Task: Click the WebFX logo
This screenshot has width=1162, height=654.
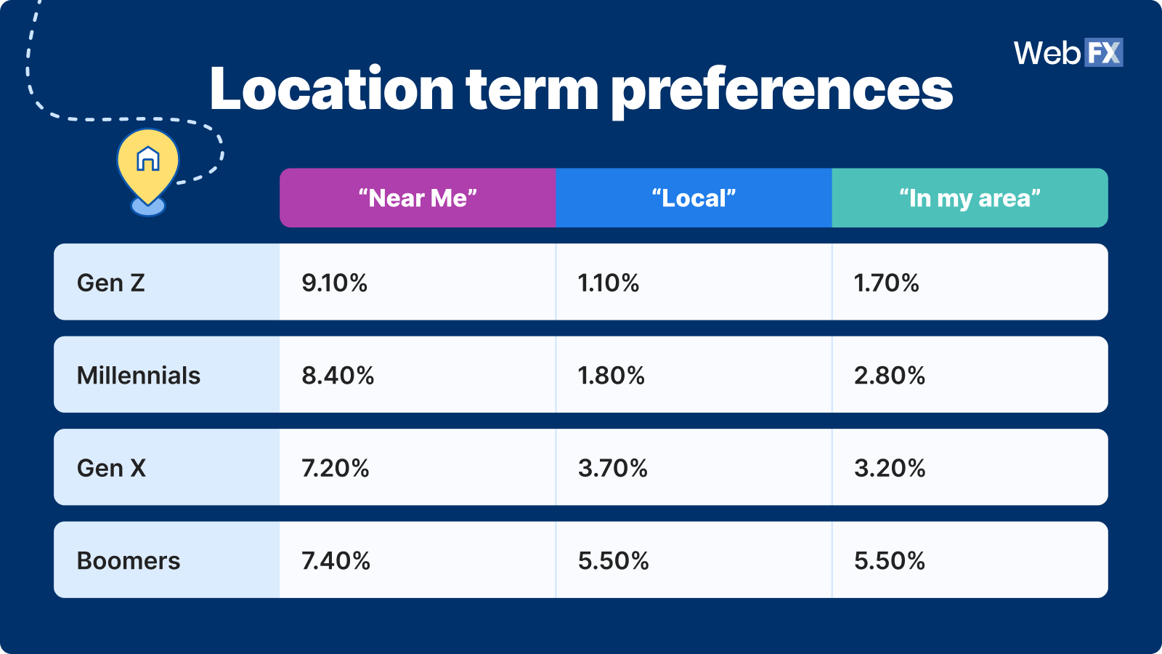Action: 1068,52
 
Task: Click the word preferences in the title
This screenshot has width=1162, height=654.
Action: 782,92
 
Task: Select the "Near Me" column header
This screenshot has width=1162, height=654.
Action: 418,198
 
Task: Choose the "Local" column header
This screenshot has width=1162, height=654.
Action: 694,198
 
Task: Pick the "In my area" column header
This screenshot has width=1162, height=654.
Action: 970,198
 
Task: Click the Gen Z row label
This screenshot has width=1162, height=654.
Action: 110,283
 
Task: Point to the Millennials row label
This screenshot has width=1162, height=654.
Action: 139,375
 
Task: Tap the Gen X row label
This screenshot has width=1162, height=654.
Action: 111,468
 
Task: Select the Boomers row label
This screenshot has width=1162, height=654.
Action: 128,560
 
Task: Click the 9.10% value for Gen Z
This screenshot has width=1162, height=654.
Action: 335,283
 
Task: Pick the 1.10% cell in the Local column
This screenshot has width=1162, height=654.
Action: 609,283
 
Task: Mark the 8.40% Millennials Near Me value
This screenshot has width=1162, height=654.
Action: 338,375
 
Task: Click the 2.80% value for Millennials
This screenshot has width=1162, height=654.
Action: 890,375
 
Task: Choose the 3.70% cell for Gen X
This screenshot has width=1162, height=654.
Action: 613,468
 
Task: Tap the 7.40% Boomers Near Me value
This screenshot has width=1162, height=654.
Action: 336,560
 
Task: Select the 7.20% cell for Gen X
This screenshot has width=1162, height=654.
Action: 336,468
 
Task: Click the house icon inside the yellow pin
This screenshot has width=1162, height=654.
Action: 148,158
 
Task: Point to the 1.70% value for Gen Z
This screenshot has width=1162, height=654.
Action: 887,283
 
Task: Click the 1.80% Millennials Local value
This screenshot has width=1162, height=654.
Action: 611,375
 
